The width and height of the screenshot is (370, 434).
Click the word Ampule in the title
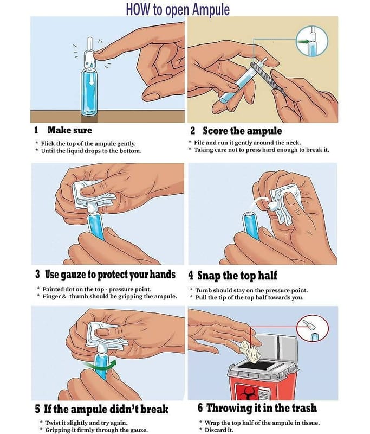211,9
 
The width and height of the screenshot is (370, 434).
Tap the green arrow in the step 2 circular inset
303,42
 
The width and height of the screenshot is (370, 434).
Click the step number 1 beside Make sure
36,130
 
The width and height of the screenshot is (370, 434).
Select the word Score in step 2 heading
215,131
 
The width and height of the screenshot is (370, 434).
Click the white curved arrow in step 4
259,202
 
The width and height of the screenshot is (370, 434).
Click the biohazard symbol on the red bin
244,393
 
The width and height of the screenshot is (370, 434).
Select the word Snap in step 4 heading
209,276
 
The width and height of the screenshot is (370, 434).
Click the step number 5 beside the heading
37,409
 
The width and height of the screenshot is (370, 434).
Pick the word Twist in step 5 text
52,423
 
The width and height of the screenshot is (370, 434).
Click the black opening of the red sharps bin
257,365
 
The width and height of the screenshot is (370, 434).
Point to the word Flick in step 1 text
48,143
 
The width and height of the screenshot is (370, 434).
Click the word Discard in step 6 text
215,430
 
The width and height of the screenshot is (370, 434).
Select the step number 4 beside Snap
191,276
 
